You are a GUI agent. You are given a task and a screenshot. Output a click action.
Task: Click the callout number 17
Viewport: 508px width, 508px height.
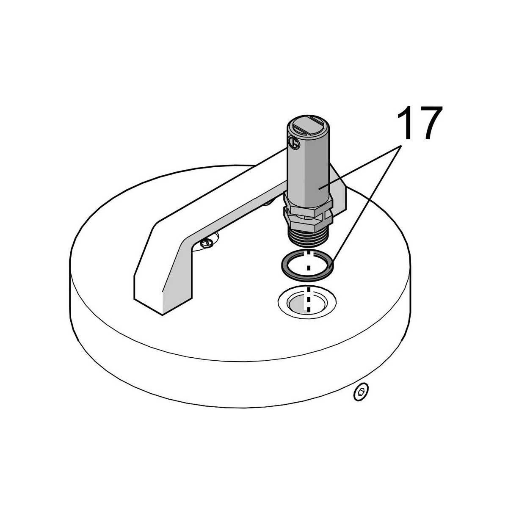click(420, 123)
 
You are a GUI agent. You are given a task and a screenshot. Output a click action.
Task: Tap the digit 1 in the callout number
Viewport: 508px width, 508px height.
click(405, 123)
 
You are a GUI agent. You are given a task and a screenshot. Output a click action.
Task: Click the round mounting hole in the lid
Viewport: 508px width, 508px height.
click(307, 303)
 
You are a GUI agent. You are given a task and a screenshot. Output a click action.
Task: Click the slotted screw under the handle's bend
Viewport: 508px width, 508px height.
click(207, 242)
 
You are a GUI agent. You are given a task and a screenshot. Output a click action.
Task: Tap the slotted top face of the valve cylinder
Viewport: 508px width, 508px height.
click(308, 124)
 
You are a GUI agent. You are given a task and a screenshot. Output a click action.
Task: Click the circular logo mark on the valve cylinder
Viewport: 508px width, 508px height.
click(294, 143)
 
